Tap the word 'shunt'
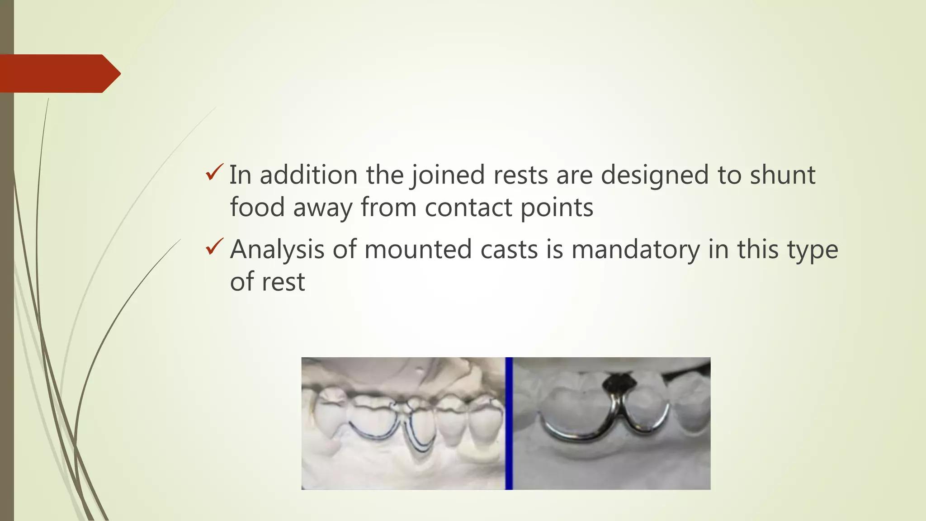(783, 175)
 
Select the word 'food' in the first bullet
(257, 208)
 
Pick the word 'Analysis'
(277, 250)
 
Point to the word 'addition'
(308, 175)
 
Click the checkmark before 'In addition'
(214, 172)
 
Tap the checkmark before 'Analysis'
(214, 246)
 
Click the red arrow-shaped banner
(59, 73)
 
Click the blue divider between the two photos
(509, 423)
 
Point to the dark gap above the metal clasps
(618, 382)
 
